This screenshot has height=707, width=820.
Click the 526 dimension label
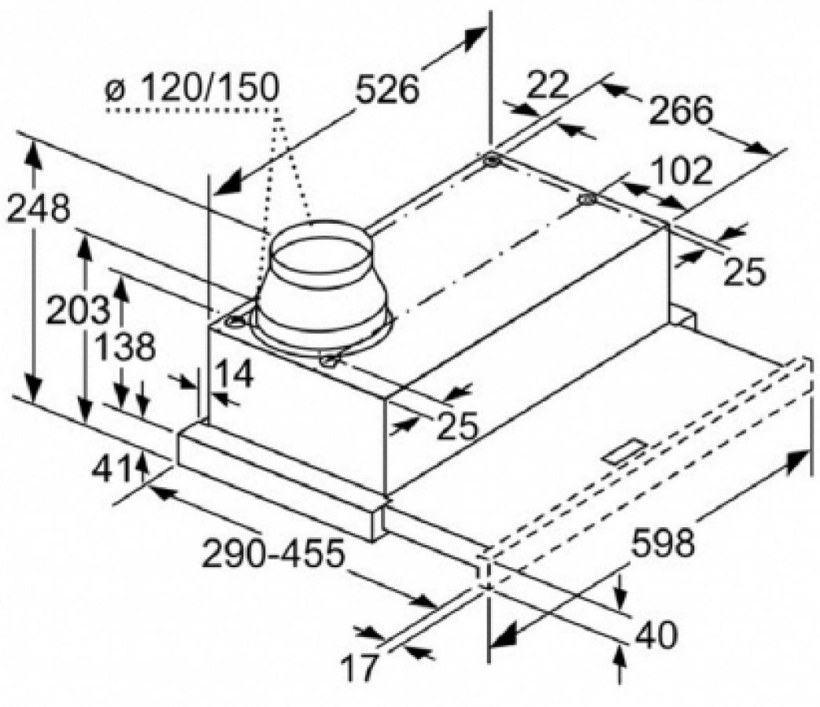[x=387, y=90]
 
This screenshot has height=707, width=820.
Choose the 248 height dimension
[x=38, y=209]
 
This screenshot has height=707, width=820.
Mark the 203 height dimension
[x=78, y=310]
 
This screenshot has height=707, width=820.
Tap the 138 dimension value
[x=126, y=346]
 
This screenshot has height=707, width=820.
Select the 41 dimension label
[x=112, y=468]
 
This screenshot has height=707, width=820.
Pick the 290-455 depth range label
[x=273, y=554]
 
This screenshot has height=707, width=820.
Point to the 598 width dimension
[x=663, y=544]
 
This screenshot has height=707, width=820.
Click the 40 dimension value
[x=656, y=635]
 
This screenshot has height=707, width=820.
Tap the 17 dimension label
[x=359, y=666]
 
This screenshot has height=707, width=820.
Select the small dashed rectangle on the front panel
[x=624, y=451]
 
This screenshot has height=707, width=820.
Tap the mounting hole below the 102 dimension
[x=588, y=200]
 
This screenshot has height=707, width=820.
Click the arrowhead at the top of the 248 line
[x=33, y=156]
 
